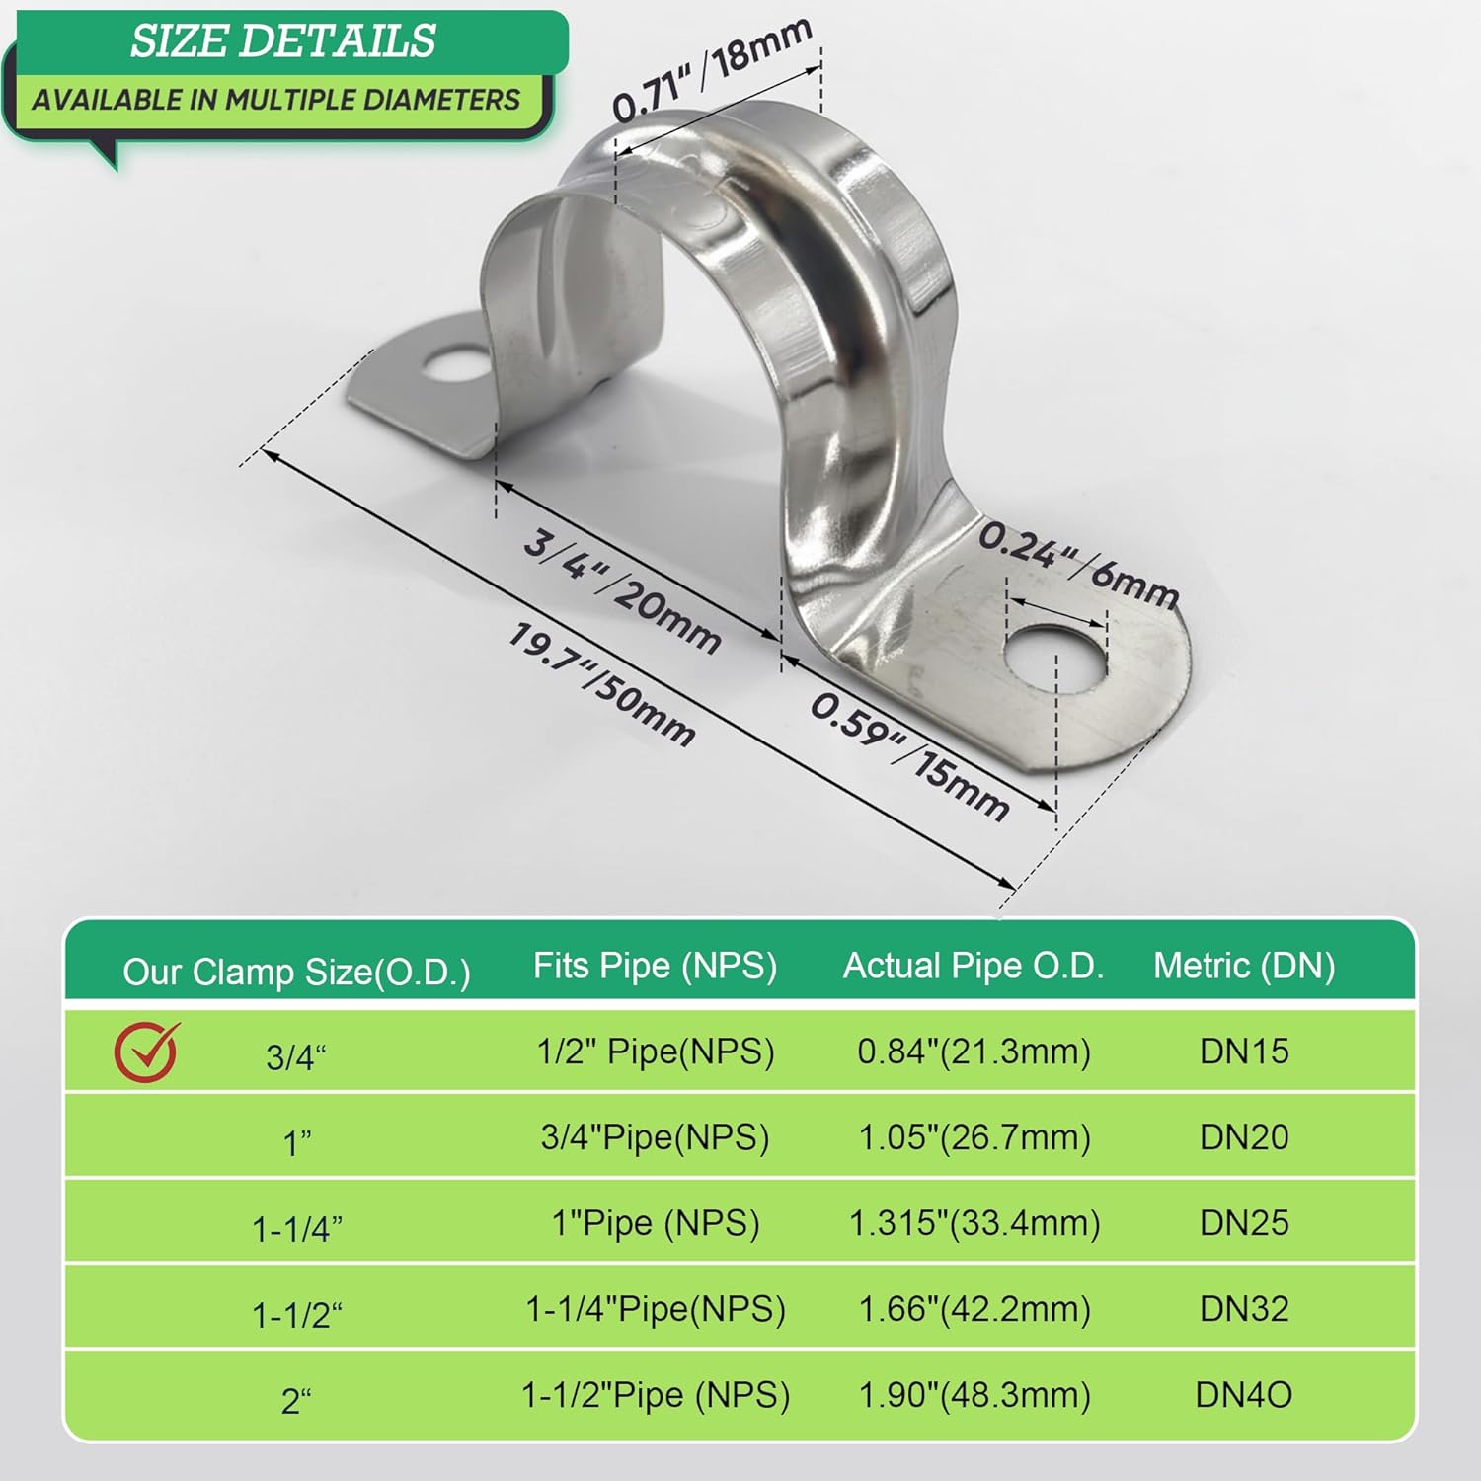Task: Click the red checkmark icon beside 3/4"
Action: (x=146, y=1052)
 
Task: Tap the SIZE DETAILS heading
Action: (x=282, y=41)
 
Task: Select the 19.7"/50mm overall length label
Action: (x=601, y=684)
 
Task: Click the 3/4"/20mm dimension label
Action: (x=621, y=591)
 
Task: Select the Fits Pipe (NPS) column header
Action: (x=655, y=966)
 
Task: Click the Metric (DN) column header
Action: (x=1244, y=966)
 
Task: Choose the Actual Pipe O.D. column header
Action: (x=973, y=966)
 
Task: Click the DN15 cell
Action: (x=1244, y=1052)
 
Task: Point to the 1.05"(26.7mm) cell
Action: (x=974, y=1137)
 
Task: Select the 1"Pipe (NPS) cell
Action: (x=656, y=1223)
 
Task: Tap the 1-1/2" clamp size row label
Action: (x=296, y=1315)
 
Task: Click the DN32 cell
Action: (x=1244, y=1309)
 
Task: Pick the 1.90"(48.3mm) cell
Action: (x=974, y=1395)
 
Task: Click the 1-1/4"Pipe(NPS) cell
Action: (x=656, y=1309)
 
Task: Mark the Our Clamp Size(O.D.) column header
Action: (x=296, y=973)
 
